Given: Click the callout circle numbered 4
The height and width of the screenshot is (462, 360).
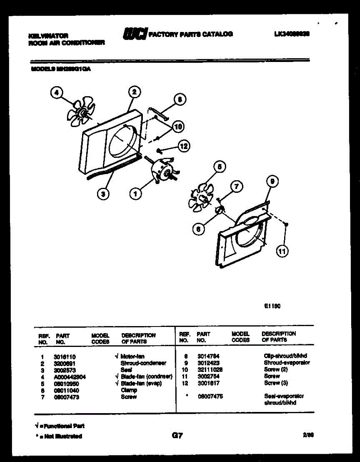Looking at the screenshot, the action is click(57, 93).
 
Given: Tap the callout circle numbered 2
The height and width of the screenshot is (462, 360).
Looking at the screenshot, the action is click(134, 92).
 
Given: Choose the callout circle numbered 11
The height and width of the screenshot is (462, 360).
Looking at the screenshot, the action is click(283, 252).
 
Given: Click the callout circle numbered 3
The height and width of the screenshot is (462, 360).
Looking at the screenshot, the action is click(102, 195).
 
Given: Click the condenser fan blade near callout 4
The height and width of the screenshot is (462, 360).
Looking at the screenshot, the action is click(80, 112).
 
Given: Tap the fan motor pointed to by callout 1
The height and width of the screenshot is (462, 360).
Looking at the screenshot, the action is click(162, 172).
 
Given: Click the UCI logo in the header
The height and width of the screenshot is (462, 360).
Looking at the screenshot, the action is click(134, 34).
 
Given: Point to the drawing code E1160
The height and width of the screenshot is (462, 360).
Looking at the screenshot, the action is click(272, 306).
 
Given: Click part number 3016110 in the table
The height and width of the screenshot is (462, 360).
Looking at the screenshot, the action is click(64, 357).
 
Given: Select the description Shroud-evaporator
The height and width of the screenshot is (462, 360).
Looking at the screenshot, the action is click(286, 363).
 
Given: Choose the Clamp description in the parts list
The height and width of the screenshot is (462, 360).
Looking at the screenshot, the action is click(129, 390).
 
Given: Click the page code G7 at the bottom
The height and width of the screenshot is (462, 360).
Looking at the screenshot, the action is click(177, 435).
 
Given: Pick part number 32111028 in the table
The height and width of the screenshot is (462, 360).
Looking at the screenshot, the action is click(210, 370).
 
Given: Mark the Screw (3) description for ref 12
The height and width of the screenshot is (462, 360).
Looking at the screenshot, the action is click(276, 383).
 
